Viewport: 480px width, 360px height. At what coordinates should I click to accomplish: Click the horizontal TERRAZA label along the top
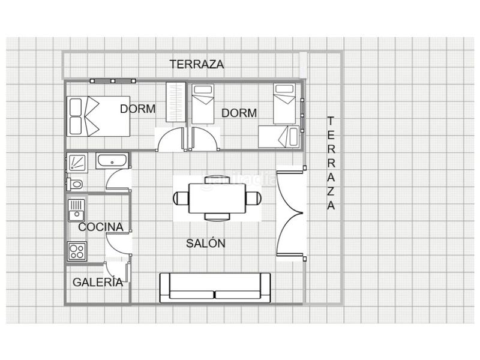tap(197, 64)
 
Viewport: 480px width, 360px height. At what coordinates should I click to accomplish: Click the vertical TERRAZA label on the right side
tap(331, 163)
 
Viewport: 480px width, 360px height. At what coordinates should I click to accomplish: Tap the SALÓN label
tap(206, 244)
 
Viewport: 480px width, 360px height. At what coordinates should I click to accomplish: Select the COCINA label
tap(101, 227)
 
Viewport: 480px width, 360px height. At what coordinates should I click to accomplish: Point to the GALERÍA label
tap(98, 282)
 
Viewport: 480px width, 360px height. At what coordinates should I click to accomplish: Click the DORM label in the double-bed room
tap(138, 109)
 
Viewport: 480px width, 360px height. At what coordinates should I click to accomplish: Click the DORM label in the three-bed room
tap(239, 113)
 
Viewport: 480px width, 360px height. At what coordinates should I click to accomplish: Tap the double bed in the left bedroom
tap(98, 116)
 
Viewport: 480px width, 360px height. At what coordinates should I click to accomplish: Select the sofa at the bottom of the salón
tap(215, 288)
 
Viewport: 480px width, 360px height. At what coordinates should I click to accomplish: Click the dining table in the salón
tap(217, 199)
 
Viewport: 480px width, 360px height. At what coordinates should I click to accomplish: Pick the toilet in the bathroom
tap(74, 184)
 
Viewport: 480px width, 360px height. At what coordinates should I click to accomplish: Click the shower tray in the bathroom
tap(77, 163)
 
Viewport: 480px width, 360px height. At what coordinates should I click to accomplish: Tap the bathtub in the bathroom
tap(112, 161)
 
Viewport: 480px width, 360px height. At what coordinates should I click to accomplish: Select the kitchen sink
tap(76, 211)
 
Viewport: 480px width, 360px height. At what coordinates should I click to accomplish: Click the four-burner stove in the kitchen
tap(77, 251)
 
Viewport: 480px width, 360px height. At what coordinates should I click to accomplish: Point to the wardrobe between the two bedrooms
tap(176, 102)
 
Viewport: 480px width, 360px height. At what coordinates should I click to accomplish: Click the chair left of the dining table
tap(181, 199)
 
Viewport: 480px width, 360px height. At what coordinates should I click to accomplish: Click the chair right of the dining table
tap(254, 199)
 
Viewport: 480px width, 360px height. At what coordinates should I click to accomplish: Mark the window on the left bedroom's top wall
tap(113, 81)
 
